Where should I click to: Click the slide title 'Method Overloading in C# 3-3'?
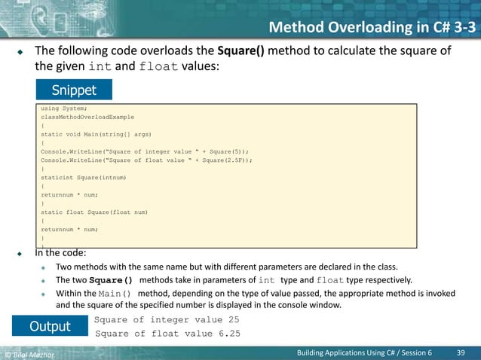click(372, 29)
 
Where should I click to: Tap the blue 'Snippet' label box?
click(74, 90)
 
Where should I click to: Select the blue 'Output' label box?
click(50, 326)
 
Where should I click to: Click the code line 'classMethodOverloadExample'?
click(87, 117)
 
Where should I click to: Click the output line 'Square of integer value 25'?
click(167, 320)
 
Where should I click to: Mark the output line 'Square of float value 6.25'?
click(167, 334)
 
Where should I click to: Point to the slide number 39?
click(461, 352)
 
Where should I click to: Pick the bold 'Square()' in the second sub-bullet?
click(111, 280)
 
